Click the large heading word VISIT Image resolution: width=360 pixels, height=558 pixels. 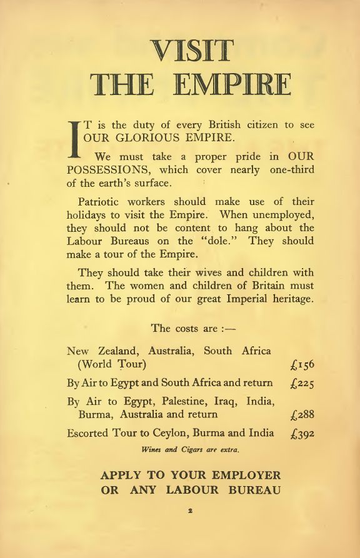tap(191, 52)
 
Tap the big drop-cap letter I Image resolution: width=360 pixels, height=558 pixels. tap(74, 138)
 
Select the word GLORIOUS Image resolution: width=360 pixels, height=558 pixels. tap(141, 137)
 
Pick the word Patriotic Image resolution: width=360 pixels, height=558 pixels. tap(101, 202)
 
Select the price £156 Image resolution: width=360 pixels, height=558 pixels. tap(302, 365)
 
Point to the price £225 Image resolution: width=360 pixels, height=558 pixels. tap(302, 383)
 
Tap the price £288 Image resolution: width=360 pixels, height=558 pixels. tap(302, 415)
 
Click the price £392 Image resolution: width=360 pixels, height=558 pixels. tap(302, 433)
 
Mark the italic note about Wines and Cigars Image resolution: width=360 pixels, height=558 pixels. tap(191, 449)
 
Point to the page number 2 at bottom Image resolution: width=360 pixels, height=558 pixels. tap(191, 511)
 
